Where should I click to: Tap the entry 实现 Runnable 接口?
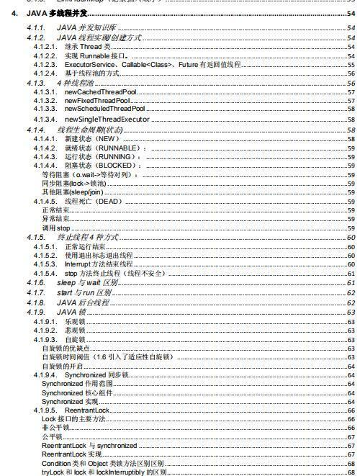[98, 55]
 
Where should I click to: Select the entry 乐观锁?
[74, 321]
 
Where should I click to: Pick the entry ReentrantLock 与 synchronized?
[89, 446]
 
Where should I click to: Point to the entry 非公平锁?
[55, 428]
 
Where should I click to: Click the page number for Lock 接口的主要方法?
[351, 418]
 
